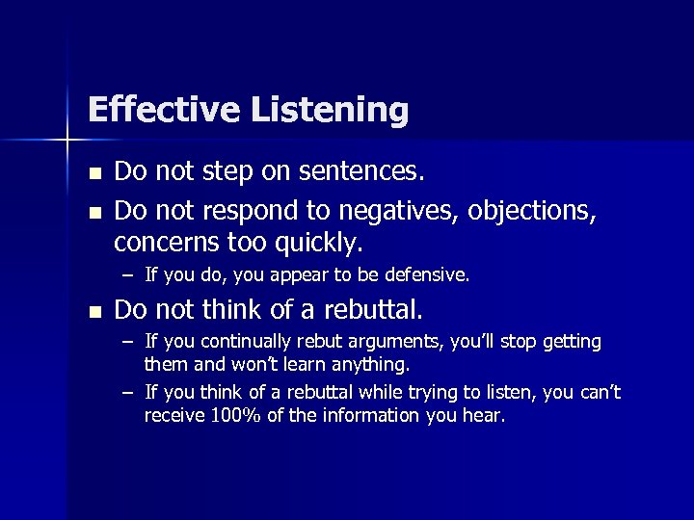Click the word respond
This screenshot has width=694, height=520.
tap(249, 207)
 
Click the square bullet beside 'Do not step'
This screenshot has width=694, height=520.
tap(93, 174)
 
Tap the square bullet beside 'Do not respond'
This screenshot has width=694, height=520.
tap(93, 208)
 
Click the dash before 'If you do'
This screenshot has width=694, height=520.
tap(127, 275)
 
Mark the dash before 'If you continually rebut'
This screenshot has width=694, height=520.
tap(127, 342)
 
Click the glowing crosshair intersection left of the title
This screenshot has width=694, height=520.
tap(67, 142)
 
